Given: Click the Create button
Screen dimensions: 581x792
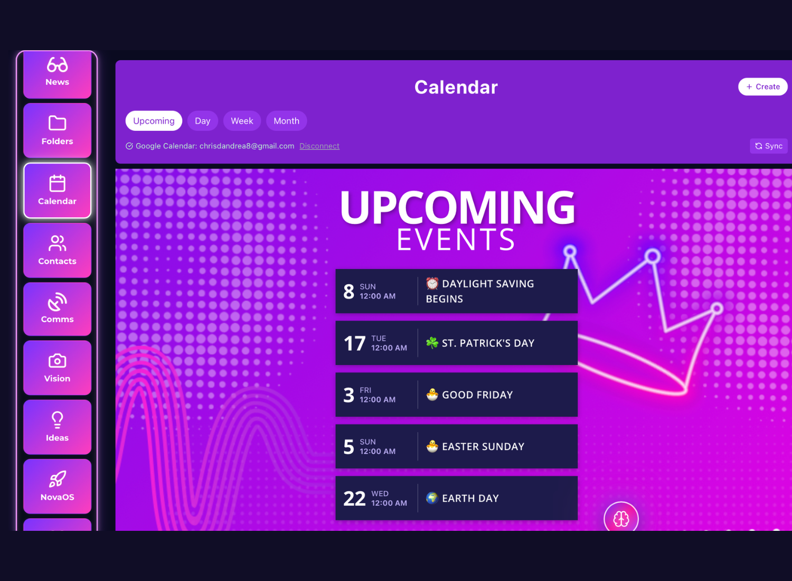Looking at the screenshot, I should click(x=762, y=87).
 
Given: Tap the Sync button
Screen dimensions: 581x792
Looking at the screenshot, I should click(x=768, y=146).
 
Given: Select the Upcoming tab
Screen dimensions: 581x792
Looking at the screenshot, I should click(x=154, y=121).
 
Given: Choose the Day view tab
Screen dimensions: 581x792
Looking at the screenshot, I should click(x=202, y=121).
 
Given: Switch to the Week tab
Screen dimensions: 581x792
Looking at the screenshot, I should click(x=242, y=121).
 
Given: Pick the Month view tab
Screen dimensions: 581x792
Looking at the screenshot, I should click(x=286, y=121).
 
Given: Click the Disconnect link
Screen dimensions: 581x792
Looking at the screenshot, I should click(x=319, y=146).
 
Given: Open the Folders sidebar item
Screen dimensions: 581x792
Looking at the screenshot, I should click(x=57, y=130).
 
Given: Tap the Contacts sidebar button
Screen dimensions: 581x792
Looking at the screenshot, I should click(x=57, y=250).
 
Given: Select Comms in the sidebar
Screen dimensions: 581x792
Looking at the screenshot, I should click(x=57, y=309).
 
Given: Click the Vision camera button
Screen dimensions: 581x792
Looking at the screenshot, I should click(x=57, y=368).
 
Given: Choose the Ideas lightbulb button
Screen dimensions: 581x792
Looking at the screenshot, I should click(x=57, y=427).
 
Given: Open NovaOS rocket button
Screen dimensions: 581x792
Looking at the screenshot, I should click(x=57, y=486).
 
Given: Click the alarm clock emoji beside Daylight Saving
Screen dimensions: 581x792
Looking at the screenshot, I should click(x=432, y=284).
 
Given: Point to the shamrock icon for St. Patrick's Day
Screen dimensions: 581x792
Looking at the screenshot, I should click(x=432, y=343).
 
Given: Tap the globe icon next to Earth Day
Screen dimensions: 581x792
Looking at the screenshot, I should click(x=432, y=498).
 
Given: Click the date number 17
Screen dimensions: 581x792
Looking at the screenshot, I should click(x=354, y=344).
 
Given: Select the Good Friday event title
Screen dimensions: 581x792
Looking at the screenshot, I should click(x=477, y=395).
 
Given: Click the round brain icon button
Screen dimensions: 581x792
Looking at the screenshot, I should click(x=621, y=519).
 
